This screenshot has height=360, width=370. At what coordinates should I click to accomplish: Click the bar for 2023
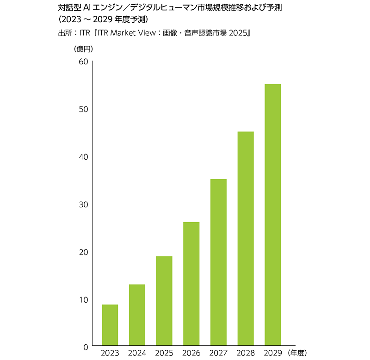click(110, 325)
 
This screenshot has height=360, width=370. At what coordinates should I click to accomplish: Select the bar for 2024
click(137, 315)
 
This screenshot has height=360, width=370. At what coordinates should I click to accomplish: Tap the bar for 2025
click(164, 301)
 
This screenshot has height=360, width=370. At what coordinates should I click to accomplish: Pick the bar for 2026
click(191, 284)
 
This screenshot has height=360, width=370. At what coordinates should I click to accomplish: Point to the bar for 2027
click(218, 262)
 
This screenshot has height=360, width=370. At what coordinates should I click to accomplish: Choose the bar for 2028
click(246, 238)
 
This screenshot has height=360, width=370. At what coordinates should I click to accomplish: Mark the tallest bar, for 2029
click(273, 215)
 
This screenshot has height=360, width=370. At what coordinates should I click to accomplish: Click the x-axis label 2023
click(110, 353)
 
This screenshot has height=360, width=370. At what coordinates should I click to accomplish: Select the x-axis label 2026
click(191, 353)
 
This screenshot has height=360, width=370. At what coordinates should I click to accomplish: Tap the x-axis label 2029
click(273, 353)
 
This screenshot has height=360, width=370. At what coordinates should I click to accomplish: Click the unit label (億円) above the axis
click(83, 48)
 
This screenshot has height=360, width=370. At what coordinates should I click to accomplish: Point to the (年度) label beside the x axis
click(296, 353)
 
